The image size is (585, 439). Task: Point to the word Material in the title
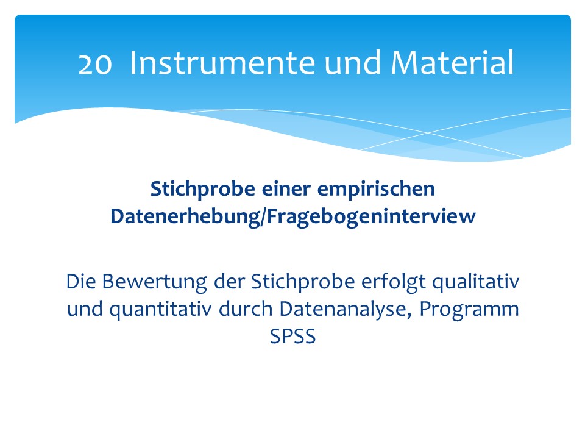[452, 62]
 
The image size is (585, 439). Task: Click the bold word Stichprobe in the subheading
[202, 190]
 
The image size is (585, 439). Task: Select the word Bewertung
[154, 282]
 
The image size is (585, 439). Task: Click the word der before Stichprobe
[229, 282]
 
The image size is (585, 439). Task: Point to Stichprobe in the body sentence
[303, 282]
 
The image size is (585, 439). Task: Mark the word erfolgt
[393, 282]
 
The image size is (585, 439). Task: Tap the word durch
[246, 309]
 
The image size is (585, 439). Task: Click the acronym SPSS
[293, 337]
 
